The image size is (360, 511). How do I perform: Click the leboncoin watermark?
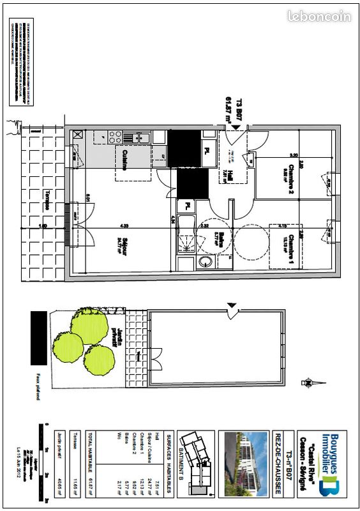(319, 17)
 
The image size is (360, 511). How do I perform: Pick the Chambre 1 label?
(289, 247)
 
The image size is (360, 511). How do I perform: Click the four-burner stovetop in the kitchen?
(116, 137)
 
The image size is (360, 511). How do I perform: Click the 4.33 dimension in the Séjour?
(125, 224)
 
